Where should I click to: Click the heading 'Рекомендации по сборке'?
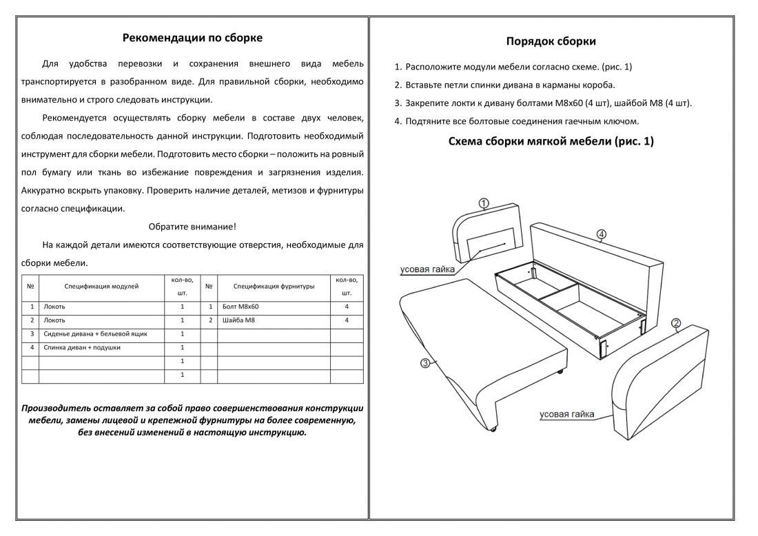(x=192, y=38)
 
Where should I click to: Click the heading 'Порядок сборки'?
(x=551, y=41)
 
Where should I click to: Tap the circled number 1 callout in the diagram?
(x=484, y=203)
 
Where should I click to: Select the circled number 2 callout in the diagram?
(x=676, y=324)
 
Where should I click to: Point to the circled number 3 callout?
(x=425, y=362)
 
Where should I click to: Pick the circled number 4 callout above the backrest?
(x=602, y=235)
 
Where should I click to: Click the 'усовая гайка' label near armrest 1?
(x=427, y=269)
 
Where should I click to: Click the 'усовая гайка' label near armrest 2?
(x=566, y=414)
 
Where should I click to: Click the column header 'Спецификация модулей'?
(x=101, y=286)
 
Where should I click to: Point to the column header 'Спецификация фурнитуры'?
(x=274, y=286)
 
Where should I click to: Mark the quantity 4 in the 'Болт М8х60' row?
(x=347, y=307)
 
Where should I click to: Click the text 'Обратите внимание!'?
(x=192, y=227)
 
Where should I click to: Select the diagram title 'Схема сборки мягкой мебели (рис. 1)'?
(x=551, y=141)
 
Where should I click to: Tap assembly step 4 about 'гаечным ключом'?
(x=516, y=121)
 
